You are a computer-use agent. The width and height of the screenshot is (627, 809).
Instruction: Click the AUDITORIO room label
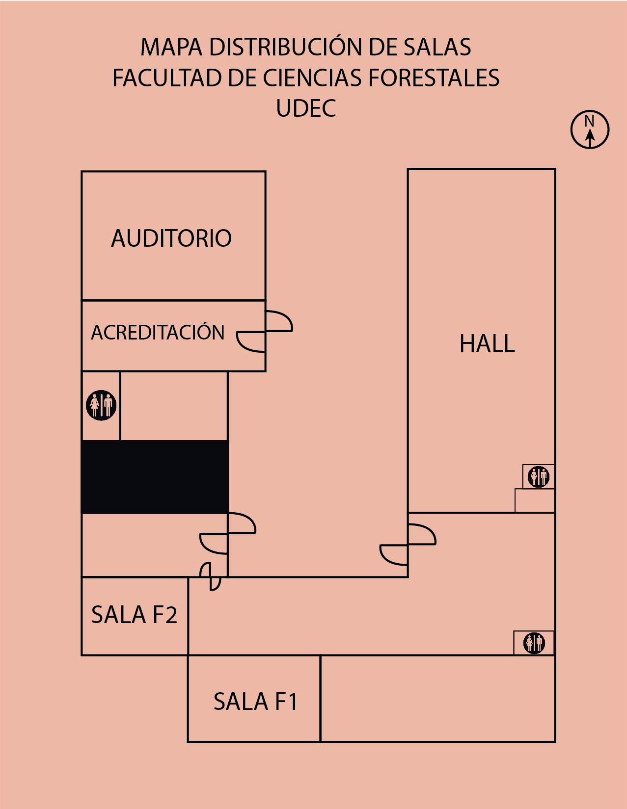(x=171, y=238)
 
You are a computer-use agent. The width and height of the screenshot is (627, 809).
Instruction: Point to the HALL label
(x=487, y=343)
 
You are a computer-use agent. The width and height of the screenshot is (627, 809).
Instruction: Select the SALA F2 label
(x=134, y=615)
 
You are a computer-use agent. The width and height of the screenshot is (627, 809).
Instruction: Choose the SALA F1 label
(x=256, y=702)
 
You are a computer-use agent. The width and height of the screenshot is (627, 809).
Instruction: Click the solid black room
(x=155, y=477)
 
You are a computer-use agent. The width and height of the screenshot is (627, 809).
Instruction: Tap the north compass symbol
(x=590, y=130)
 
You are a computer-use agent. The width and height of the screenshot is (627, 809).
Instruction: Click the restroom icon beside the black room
(x=101, y=405)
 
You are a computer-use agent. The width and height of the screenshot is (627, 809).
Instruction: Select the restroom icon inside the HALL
(x=538, y=476)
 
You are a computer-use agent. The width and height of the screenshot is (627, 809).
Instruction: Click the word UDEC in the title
(x=306, y=108)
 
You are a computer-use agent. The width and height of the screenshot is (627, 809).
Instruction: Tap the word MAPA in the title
(x=171, y=47)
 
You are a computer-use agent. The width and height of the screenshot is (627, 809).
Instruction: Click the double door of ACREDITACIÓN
(x=265, y=331)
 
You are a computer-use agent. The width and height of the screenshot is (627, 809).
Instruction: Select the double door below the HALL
(x=408, y=544)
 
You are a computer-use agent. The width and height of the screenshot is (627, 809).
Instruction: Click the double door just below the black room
(x=228, y=533)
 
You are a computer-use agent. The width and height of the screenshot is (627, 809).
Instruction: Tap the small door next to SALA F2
(x=211, y=576)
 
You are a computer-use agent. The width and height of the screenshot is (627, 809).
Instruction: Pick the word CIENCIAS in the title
(x=312, y=78)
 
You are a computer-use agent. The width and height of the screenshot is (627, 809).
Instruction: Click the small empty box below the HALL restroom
(x=535, y=500)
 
